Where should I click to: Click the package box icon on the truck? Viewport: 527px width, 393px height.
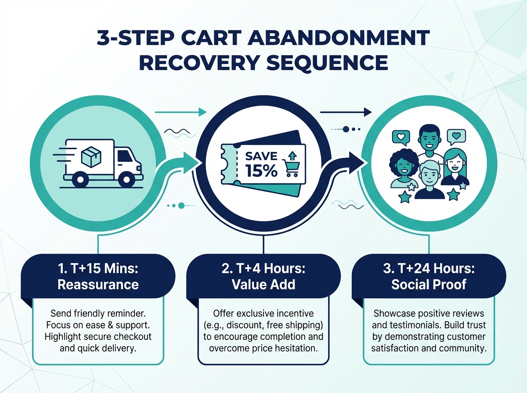(x=90, y=157)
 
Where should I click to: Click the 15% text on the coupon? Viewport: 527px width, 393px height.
(x=261, y=171)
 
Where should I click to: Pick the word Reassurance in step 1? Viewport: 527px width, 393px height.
(x=98, y=284)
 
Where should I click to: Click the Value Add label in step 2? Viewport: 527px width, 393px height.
(x=263, y=284)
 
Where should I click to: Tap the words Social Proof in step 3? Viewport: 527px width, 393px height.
(x=429, y=284)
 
